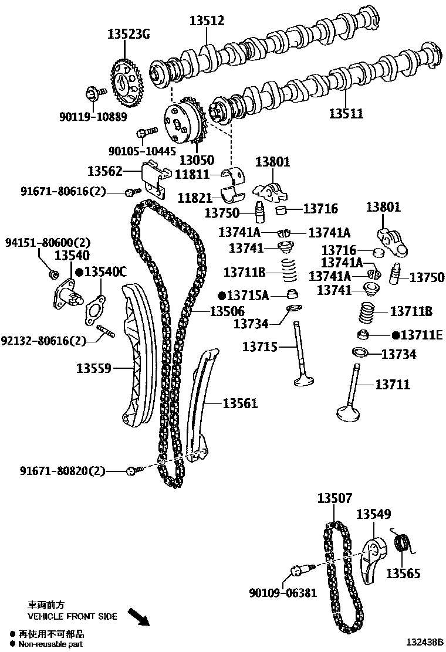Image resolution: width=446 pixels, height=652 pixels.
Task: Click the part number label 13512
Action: (207, 22)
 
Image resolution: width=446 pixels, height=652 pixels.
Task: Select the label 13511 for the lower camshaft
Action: (346, 114)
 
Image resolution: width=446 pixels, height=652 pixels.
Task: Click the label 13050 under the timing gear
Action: (197, 159)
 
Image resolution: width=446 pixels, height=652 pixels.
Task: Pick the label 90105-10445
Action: (142, 151)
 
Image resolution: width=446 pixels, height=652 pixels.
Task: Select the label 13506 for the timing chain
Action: (227, 311)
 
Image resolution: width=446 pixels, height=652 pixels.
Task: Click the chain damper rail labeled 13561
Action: (198, 405)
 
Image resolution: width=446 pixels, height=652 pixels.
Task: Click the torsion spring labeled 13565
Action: (402, 542)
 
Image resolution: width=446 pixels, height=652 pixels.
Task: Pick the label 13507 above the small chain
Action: (334, 499)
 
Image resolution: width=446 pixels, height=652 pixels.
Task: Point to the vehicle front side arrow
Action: (139, 617)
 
